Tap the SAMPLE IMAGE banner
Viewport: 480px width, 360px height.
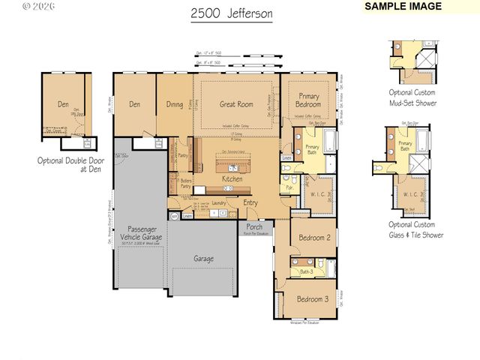[x=402, y=7]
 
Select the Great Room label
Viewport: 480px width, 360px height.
[x=235, y=105]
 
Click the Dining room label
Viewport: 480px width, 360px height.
[x=175, y=105]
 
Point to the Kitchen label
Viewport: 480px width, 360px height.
[x=232, y=180]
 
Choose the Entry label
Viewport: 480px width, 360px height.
[x=250, y=202]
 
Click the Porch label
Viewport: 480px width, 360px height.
[x=254, y=226]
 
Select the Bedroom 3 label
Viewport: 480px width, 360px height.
[x=312, y=298]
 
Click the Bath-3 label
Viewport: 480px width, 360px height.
[x=307, y=271]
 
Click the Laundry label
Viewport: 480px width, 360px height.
[x=219, y=202]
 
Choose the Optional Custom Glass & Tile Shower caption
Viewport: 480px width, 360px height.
[x=415, y=229]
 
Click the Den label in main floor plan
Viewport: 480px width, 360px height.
[x=135, y=105]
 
